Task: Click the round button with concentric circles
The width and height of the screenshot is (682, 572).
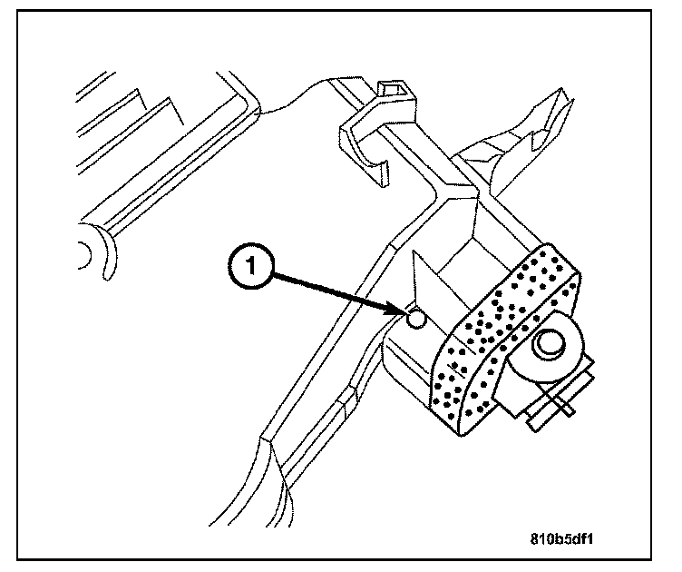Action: (x=550, y=343)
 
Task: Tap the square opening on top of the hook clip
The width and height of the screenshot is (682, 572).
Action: (x=391, y=88)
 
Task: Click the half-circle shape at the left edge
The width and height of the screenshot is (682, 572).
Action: (x=84, y=254)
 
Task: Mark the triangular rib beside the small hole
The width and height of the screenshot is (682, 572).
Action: (x=426, y=286)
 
